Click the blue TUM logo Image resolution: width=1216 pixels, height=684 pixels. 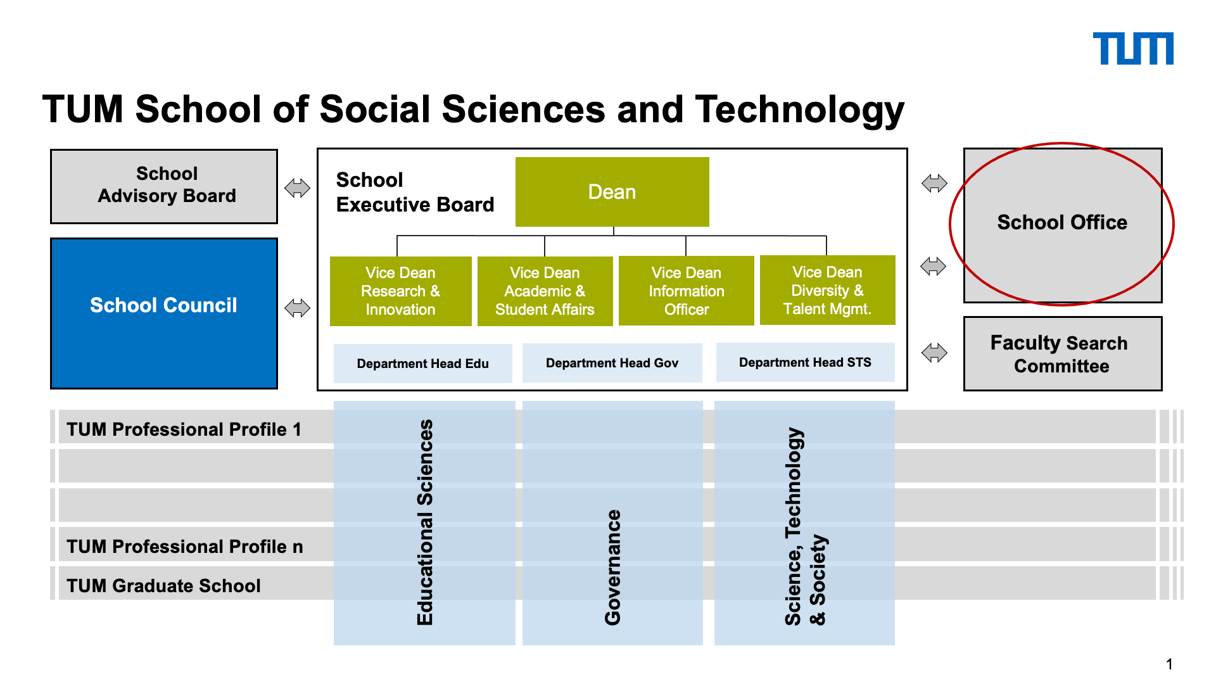click(x=1133, y=49)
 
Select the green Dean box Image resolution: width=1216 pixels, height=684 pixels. click(x=612, y=192)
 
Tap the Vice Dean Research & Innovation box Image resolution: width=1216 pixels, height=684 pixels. click(x=401, y=291)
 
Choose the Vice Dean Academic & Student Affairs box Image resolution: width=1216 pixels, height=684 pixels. click(x=545, y=291)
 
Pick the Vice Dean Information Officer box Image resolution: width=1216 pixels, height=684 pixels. click(x=687, y=291)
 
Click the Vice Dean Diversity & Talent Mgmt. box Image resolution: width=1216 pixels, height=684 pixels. click(x=828, y=290)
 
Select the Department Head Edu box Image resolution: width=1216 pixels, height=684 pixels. click(x=423, y=364)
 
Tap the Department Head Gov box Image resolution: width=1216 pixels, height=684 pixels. click(x=612, y=363)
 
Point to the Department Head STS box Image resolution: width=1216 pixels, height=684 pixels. click(x=806, y=362)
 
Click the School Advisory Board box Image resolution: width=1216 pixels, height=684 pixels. click(x=164, y=186)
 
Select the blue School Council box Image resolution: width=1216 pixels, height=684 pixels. click(x=164, y=313)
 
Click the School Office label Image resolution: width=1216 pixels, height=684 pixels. click(x=1062, y=222)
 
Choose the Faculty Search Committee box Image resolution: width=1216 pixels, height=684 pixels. click(x=1063, y=353)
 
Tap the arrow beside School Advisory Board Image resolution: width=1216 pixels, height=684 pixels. click(x=297, y=188)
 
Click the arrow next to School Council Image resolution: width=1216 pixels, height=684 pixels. click(x=297, y=308)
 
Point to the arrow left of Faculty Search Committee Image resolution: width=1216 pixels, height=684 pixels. click(x=934, y=353)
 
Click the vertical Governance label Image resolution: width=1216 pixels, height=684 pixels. click(x=612, y=567)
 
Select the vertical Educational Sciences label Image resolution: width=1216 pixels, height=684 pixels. click(x=425, y=522)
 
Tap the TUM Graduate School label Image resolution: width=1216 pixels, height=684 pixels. click(x=163, y=586)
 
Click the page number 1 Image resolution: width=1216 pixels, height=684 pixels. click(x=1169, y=664)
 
